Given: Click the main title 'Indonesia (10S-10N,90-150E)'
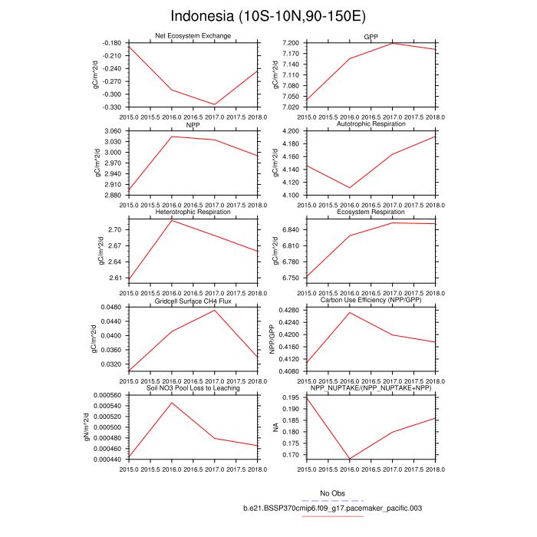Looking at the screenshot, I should tap(268, 16).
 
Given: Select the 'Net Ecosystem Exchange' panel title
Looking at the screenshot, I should tap(192, 36).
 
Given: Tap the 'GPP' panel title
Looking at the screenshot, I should tap(371, 36).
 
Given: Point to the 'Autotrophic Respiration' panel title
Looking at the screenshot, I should tap(371, 124).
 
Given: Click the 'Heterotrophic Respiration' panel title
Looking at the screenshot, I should tap(192, 212).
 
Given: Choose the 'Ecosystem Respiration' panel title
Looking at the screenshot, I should tap(371, 212).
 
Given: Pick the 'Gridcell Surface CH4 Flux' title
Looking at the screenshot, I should tap(192, 301).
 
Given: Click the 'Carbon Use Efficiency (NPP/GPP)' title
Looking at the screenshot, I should tap(371, 301).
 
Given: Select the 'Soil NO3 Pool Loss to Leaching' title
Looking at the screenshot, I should tap(192, 388).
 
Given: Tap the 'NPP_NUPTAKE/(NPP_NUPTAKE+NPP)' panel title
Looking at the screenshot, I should tap(371, 388).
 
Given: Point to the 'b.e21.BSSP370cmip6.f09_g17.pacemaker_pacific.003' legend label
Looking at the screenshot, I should tap(333, 508).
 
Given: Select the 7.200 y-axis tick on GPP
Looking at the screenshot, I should tap(292, 43).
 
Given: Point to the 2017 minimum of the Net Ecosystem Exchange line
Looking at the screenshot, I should tap(214, 104).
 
